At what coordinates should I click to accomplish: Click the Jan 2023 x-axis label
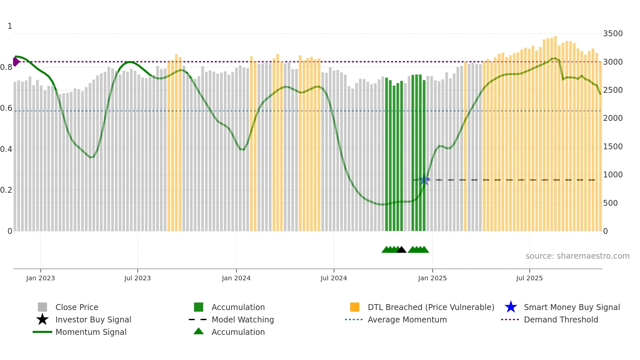pyautogui.click(x=40, y=278)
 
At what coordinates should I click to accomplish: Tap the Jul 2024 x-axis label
pyautogui.click(x=334, y=278)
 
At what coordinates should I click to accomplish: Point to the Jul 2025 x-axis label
pyautogui.click(x=529, y=278)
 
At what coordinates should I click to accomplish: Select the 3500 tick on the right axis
pyautogui.click(x=613, y=34)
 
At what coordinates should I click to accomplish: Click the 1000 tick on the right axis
pyautogui.click(x=613, y=175)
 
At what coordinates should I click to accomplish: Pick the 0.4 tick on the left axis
pyautogui.click(x=6, y=149)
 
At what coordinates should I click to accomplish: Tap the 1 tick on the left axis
pyautogui.click(x=10, y=26)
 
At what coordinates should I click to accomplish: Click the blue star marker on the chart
pyautogui.click(x=424, y=180)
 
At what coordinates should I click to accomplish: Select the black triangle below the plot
pyautogui.click(x=401, y=250)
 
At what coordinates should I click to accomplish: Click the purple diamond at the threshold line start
pyautogui.click(x=16, y=61)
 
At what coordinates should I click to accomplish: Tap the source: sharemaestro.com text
pyautogui.click(x=577, y=256)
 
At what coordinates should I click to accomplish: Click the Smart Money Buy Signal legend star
pyautogui.click(x=511, y=307)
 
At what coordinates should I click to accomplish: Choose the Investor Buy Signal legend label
pyautogui.click(x=93, y=319)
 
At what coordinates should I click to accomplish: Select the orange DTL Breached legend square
pyautogui.click(x=355, y=307)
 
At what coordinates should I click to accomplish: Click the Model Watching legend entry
pyautogui.click(x=242, y=319)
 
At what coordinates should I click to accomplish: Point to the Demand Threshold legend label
pyautogui.click(x=561, y=319)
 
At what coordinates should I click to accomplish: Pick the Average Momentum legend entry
pyautogui.click(x=407, y=319)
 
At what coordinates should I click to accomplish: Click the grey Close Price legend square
pyautogui.click(x=42, y=307)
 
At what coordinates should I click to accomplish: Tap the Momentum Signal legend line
pyautogui.click(x=42, y=332)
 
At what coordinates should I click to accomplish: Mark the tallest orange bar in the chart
pyautogui.click(x=555, y=131)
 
